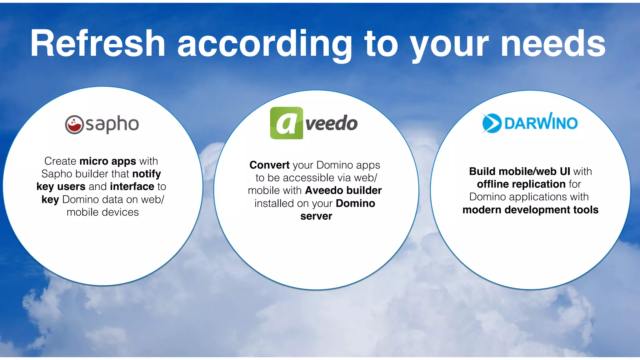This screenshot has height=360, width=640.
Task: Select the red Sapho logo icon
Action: [x=74, y=125]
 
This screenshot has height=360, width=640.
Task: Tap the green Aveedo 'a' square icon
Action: [x=286, y=123]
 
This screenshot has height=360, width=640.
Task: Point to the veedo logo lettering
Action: [x=331, y=123]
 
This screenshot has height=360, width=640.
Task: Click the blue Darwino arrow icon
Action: [x=491, y=123]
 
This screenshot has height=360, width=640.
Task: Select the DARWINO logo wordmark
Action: [x=541, y=122]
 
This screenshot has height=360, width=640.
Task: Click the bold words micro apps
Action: [x=108, y=161]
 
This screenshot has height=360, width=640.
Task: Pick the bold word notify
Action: [x=147, y=174]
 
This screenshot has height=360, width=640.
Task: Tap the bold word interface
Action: [x=132, y=187]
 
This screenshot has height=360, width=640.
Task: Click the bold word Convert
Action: [x=269, y=165]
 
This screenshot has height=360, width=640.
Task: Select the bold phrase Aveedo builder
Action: [x=343, y=190]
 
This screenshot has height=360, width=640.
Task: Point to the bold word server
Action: [x=316, y=216]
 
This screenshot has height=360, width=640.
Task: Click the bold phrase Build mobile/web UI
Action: [x=519, y=171]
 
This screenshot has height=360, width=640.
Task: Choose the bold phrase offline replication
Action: [x=521, y=184]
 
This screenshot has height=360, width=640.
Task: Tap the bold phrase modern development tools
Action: [x=530, y=210]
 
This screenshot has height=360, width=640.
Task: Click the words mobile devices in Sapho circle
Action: [x=102, y=212]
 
